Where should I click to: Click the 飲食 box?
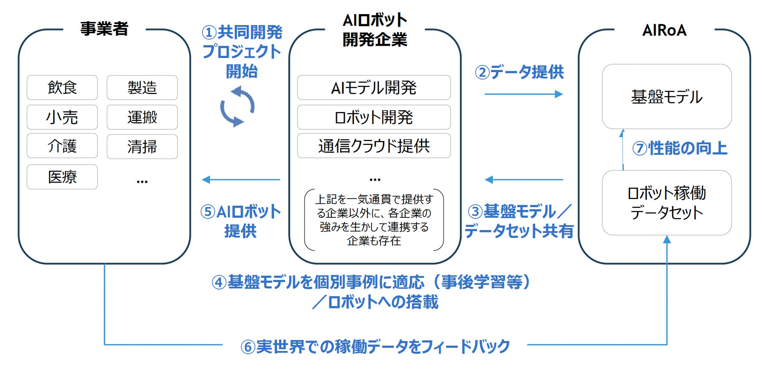click(x=62, y=87)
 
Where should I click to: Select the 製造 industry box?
click(x=142, y=87)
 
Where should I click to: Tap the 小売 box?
click(x=62, y=117)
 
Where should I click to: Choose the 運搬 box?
click(x=142, y=117)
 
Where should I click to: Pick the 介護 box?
click(x=62, y=146)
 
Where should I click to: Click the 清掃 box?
click(x=142, y=147)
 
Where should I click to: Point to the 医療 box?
click(x=62, y=177)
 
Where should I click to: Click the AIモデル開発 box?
click(x=374, y=87)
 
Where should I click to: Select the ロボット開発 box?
click(x=374, y=117)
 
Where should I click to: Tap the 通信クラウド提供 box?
click(x=374, y=146)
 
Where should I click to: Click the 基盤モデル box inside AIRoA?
click(x=666, y=96)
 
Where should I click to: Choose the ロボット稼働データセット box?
click(x=666, y=203)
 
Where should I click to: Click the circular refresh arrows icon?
click(x=237, y=107)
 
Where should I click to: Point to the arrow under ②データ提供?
click(x=523, y=94)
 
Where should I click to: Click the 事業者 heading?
click(x=104, y=29)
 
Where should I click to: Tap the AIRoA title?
click(x=664, y=30)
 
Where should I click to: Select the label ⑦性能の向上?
click(x=680, y=148)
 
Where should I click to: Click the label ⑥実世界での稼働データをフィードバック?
click(x=375, y=346)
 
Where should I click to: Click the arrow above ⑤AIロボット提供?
click(x=241, y=180)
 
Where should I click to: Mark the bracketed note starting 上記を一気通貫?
click(x=374, y=220)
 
